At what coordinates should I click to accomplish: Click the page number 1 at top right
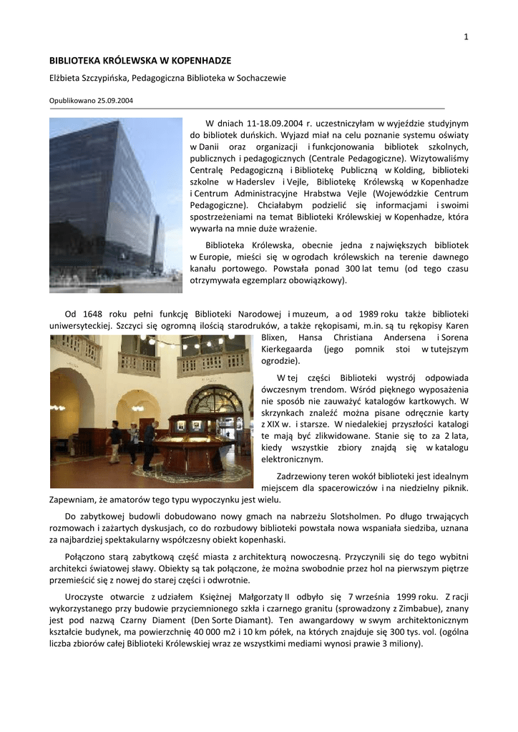pyautogui.click(x=466, y=37)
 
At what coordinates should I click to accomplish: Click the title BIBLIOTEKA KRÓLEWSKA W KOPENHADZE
pyautogui.click(x=140, y=61)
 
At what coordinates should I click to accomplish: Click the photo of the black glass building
pyautogui.click(x=115, y=205)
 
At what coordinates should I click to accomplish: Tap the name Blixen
pyautogui.click(x=275, y=337)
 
